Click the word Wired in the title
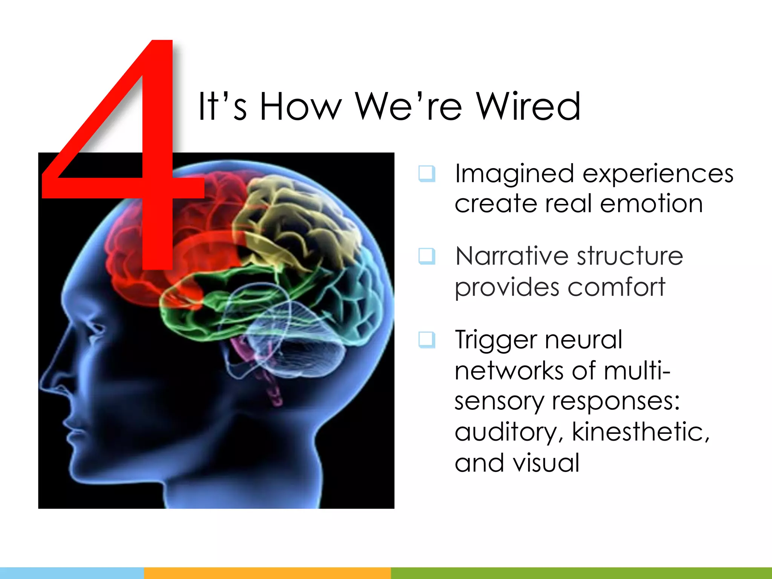528,107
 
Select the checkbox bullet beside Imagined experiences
427,174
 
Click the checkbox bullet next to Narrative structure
427,256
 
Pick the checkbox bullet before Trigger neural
427,340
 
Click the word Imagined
515,174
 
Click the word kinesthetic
637,432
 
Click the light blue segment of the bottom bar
72,573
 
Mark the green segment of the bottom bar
581,573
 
